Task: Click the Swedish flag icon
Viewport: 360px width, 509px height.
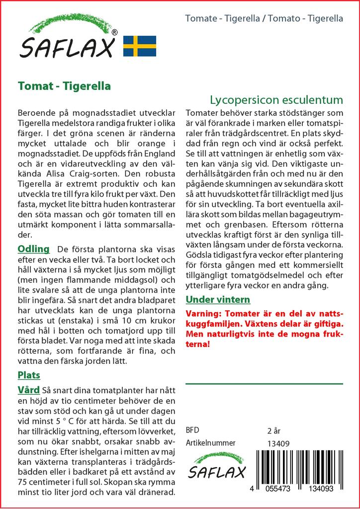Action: (140, 46)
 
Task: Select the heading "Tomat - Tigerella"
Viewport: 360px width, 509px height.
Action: (64, 86)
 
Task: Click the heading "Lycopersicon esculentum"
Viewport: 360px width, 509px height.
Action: (276, 99)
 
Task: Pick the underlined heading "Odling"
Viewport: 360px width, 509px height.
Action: (34, 249)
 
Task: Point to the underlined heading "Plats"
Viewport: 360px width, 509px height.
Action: (29, 375)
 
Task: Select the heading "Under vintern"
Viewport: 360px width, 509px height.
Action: (218, 299)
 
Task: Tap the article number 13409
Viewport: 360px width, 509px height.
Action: (278, 443)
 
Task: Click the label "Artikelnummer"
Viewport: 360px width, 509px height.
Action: (210, 443)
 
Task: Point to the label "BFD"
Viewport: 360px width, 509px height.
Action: (192, 429)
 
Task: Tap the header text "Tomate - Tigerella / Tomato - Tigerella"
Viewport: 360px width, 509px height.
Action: (264, 19)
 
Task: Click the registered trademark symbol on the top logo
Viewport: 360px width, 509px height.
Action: (115, 32)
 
